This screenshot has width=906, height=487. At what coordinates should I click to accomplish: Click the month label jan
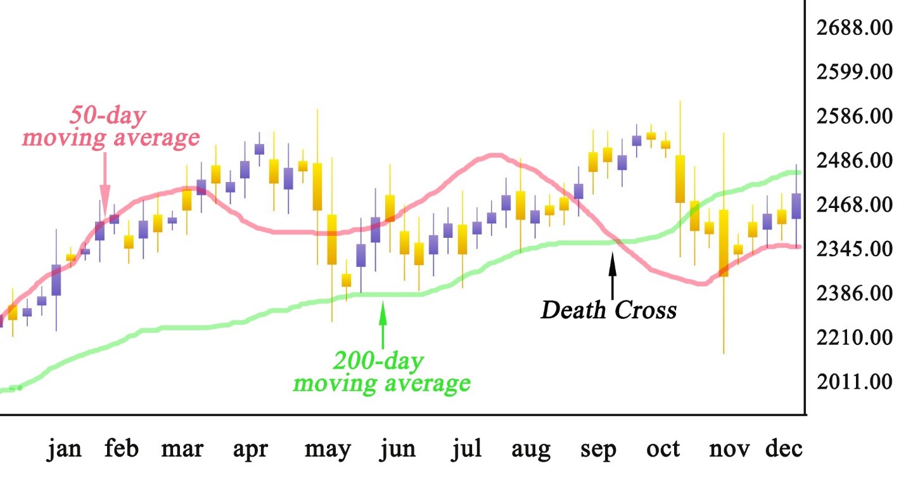64,449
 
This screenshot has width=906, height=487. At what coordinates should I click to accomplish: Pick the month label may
327,449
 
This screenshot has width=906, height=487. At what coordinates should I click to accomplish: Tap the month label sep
598,449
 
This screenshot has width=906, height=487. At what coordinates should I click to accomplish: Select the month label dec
784,449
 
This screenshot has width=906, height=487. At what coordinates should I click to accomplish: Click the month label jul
466,449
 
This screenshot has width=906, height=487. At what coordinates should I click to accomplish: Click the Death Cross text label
608,310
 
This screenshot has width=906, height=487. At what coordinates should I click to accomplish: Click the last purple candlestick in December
796,206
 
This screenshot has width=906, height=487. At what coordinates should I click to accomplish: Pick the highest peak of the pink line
495,155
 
